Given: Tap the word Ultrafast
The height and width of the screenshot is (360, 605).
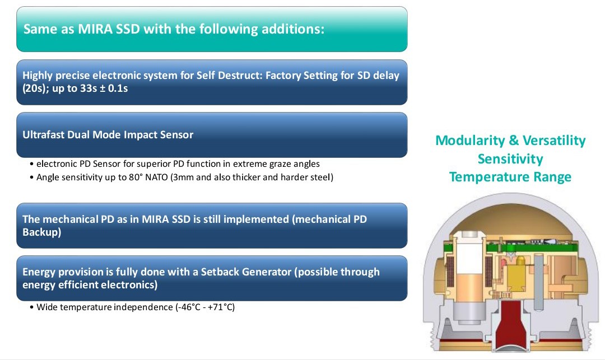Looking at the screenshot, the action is point(43,134).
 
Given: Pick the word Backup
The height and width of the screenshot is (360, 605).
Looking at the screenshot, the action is point(40,232).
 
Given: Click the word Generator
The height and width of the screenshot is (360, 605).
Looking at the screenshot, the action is point(267,272).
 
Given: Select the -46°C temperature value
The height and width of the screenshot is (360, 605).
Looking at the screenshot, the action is point(188,307).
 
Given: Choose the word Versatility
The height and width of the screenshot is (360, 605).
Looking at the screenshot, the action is point(554,141).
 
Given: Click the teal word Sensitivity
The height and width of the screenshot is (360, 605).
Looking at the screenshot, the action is point(510,159).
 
